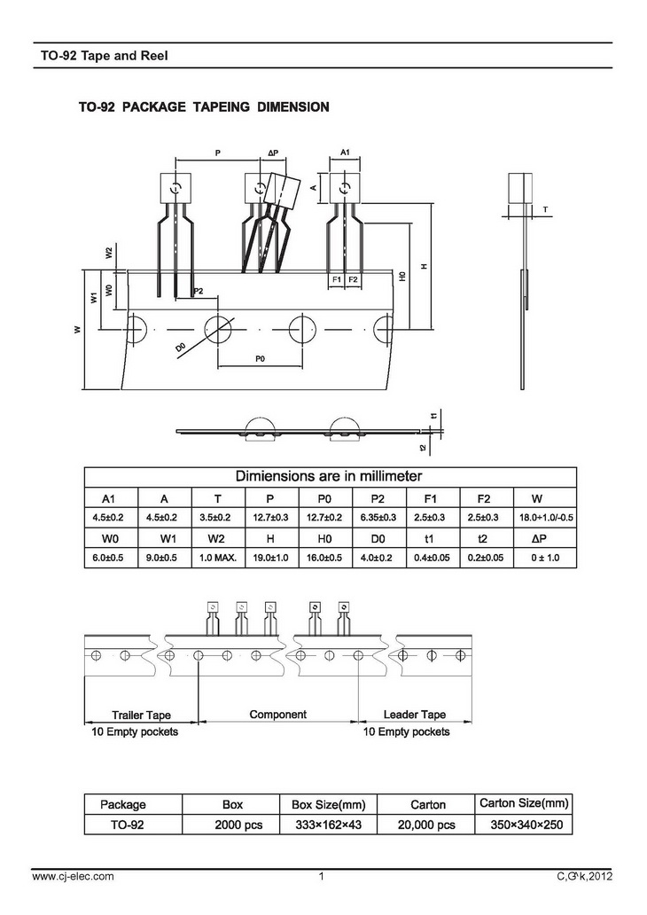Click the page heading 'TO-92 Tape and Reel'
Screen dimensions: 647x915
tap(104, 56)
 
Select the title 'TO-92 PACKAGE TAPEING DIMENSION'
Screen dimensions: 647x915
tap(204, 107)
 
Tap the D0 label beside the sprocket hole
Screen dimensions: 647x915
tap(180, 348)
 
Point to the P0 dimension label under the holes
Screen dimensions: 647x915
tap(261, 359)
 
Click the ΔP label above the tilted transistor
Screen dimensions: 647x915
tap(273, 152)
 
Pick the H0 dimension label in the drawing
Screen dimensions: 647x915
tap(402, 276)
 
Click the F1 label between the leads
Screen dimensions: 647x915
tap(337, 279)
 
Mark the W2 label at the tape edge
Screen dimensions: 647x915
tap(108, 253)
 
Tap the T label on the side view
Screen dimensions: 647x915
tap(545, 209)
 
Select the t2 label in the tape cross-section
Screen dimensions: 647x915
tap(423, 448)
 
